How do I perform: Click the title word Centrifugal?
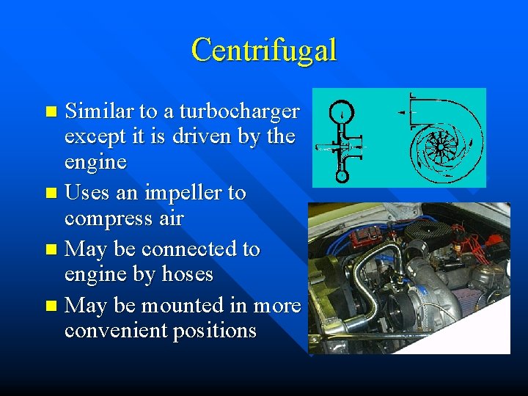[264, 50]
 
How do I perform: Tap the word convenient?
[116, 331]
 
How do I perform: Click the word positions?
[215, 331]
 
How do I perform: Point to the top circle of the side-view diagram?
[342, 111]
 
